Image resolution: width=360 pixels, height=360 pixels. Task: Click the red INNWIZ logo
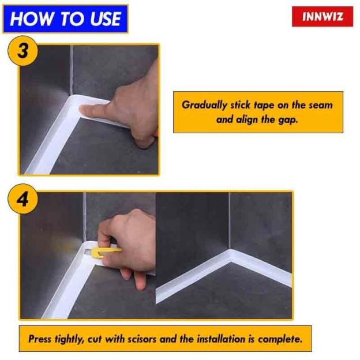[322, 17]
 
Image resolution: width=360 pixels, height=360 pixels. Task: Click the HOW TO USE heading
[65, 18]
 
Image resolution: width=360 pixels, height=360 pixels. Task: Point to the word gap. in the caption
[289, 121]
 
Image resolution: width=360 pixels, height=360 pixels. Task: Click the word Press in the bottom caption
[41, 339]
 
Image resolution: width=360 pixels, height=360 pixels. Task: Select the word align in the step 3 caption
[246, 121]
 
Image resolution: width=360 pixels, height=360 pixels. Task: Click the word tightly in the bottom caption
[73, 339]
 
